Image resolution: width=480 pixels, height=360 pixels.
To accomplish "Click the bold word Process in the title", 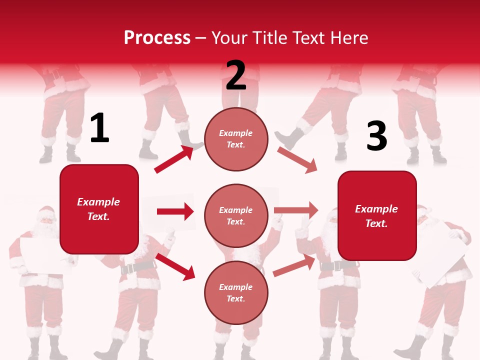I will (157, 38).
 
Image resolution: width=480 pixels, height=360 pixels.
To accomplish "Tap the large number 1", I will (99, 128).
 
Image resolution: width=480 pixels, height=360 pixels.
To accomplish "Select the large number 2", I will (236, 75).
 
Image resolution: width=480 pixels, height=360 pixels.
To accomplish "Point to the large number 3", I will (376, 136).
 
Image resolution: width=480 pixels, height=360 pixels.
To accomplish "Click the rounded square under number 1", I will (99, 209).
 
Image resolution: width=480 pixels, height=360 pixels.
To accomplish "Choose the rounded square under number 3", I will (377, 215).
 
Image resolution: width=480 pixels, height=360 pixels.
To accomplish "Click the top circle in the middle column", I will (236, 139).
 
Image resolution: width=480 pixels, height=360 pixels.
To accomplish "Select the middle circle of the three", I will (236, 215).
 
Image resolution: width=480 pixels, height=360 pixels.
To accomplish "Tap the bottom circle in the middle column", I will (236, 292).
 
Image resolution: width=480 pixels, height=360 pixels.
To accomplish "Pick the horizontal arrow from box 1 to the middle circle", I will (175, 211).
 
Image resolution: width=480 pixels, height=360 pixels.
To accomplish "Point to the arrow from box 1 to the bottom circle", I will (175, 266).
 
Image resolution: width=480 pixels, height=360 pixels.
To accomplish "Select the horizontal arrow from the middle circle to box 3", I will (296, 210).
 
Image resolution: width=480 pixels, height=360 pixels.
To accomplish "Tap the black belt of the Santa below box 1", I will (136, 267).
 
